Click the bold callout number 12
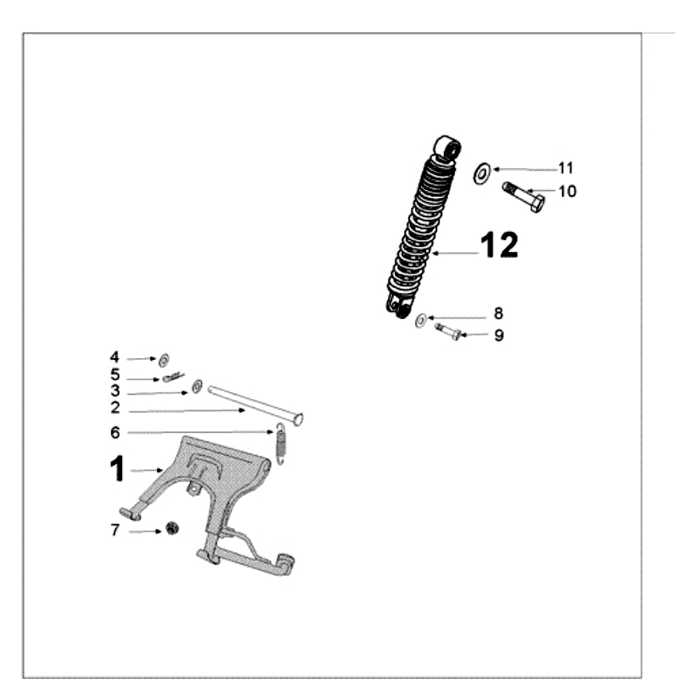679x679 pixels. click(x=499, y=244)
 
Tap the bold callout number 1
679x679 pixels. click(x=117, y=469)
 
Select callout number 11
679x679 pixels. click(x=565, y=168)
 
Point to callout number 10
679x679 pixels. click(x=567, y=191)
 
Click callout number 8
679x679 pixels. click(x=498, y=313)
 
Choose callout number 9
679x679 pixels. click(x=499, y=334)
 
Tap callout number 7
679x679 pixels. click(x=115, y=530)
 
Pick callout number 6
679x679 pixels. click(x=115, y=432)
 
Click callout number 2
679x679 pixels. click(x=115, y=407)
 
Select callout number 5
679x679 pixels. click(x=115, y=374)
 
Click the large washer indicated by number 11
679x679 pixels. click(x=481, y=173)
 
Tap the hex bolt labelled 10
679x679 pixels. click(x=524, y=197)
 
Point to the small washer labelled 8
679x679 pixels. click(x=421, y=321)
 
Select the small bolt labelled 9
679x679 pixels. click(x=448, y=331)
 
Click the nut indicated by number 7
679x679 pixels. click(x=172, y=528)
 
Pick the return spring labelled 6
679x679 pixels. click(x=281, y=444)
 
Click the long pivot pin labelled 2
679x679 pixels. click(x=255, y=406)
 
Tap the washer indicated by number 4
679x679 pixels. click(x=164, y=360)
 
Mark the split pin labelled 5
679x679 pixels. click(x=174, y=378)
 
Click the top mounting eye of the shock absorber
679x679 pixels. click(x=447, y=148)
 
